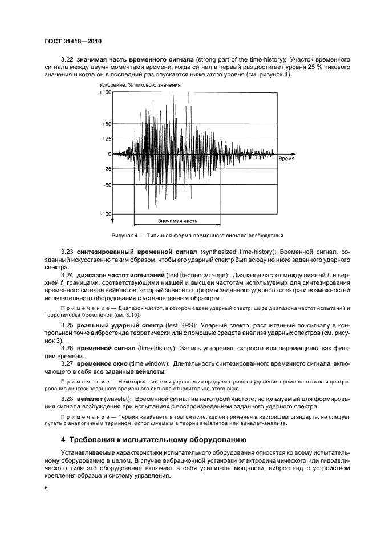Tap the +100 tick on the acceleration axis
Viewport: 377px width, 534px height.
click(106, 92)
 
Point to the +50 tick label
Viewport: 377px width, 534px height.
click(107, 124)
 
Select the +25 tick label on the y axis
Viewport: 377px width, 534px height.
click(107, 139)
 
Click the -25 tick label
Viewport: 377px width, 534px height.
click(107, 169)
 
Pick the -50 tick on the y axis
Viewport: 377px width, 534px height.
click(107, 185)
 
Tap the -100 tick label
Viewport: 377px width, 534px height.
click(106, 215)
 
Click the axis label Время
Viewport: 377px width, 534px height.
click(286, 160)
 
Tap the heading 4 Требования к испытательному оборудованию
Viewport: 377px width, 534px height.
click(153, 440)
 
